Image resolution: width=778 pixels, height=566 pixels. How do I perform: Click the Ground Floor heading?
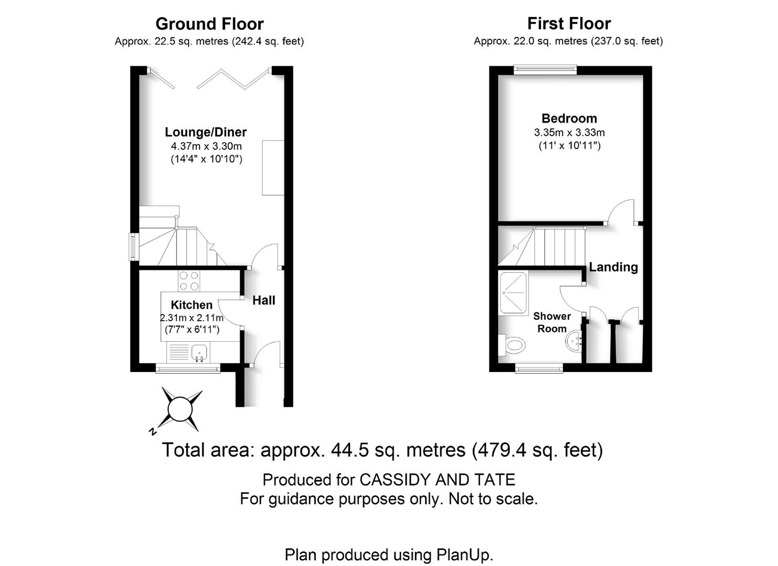210,24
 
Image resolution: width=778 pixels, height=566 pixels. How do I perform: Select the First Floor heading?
569,24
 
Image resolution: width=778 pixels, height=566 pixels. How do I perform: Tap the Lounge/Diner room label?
205,132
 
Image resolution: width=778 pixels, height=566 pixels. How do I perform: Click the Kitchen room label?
191,304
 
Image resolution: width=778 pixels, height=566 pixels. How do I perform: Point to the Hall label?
264,300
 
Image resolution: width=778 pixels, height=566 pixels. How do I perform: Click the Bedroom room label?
569,118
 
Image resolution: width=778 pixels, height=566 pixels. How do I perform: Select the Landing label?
613,267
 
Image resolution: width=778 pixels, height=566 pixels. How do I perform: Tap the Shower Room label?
552,322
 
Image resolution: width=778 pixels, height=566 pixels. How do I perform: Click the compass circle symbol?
180,410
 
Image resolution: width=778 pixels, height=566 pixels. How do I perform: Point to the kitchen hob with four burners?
189,281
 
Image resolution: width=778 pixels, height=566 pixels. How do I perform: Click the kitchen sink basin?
200,353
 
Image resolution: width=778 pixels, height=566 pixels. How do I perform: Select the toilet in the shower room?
512,345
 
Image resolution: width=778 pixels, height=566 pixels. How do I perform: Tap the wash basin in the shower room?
574,342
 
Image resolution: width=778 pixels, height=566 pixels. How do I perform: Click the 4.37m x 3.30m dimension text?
206,146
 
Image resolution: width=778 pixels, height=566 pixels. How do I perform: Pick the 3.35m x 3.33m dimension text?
569,133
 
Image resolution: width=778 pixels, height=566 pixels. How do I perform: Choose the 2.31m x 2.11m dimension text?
191,317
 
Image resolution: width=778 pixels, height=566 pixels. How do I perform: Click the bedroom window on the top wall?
545,70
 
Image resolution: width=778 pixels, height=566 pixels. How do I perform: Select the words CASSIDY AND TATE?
437,480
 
